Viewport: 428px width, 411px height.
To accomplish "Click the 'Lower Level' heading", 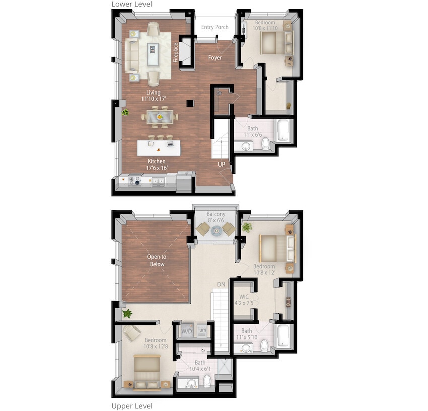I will [131, 4].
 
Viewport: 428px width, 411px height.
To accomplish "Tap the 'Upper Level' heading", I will [131, 405].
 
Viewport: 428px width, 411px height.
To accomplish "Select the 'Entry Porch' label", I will [215, 27].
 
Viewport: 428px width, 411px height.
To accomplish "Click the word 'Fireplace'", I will [176, 52].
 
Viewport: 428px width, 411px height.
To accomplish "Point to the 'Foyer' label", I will [215, 58].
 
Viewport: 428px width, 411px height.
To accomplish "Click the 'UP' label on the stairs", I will [221, 165].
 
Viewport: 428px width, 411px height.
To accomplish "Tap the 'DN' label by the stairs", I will [221, 285].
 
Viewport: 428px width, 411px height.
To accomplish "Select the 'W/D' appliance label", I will [186, 331].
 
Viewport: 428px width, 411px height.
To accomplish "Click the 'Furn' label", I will [202, 331].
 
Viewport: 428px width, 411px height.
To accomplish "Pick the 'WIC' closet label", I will [244, 297].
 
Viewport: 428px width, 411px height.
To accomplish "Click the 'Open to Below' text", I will [156, 260].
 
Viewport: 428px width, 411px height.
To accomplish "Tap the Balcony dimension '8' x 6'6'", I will [216, 220].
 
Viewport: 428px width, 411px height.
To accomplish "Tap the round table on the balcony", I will [216, 230].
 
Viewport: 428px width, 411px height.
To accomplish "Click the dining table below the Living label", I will [159, 116].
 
